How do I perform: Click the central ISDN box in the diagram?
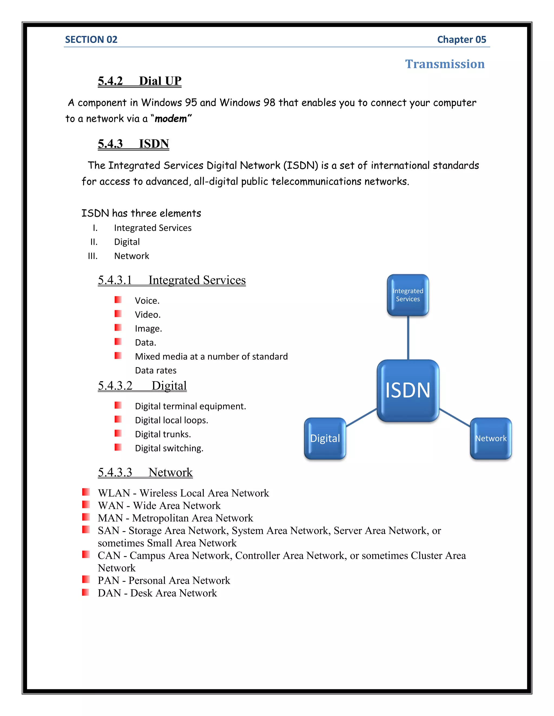[408, 390]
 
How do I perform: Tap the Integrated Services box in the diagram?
[408, 295]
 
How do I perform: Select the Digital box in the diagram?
[325, 438]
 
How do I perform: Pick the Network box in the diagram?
[491, 438]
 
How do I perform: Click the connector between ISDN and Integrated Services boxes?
[408, 338]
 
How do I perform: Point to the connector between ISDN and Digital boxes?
[361, 417]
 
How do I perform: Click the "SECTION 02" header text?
[91, 40]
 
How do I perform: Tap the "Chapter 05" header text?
[461, 40]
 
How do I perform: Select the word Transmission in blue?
[444, 64]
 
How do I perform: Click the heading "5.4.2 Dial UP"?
[140, 81]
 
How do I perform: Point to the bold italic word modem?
[171, 119]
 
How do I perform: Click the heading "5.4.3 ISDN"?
[133, 143]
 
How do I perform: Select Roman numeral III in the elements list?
[93, 256]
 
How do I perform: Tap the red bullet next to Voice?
[118, 300]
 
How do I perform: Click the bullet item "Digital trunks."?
[163, 434]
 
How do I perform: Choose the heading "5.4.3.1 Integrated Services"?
[172, 280]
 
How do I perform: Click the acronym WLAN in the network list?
[114, 493]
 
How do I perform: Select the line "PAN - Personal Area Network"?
[164, 580]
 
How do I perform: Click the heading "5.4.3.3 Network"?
[145, 472]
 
